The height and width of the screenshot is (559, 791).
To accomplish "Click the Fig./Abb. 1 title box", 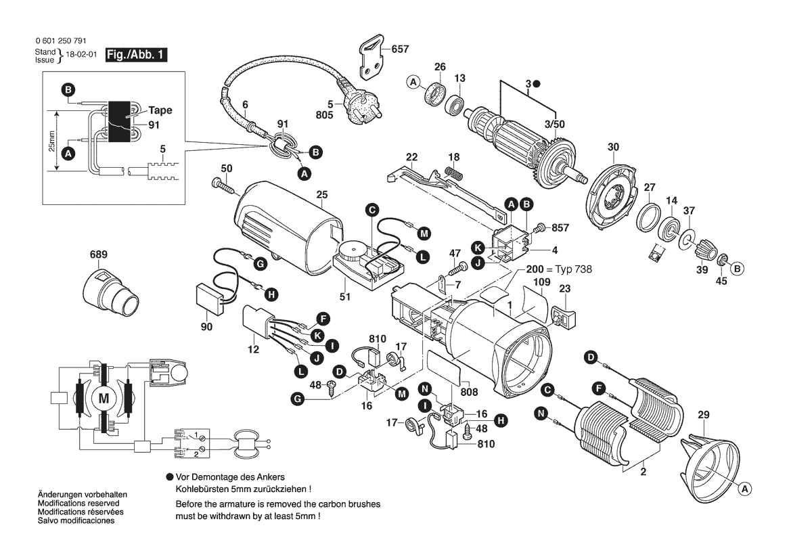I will [x=135, y=55].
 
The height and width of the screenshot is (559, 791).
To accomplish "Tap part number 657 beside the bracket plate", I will [x=401, y=49].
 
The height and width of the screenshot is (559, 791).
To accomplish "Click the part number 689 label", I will [x=99, y=255].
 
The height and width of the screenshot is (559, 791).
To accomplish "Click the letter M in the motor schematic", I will [x=104, y=399].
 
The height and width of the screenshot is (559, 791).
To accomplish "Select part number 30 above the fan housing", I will [x=613, y=147].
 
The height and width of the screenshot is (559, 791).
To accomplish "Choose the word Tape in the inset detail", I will [x=160, y=110].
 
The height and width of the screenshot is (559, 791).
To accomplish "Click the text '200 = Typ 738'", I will [x=559, y=269].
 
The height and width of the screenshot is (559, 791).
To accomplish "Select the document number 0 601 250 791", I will [x=60, y=41].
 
